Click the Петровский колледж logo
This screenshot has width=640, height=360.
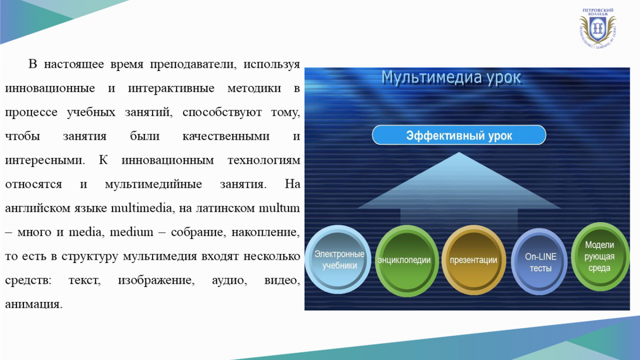coord(597,28)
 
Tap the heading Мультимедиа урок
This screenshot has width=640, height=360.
coord(451,77)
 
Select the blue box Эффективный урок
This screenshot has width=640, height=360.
coord(459,135)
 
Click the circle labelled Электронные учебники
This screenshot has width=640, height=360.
coord(338,259)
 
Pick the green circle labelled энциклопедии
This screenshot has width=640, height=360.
coord(407,261)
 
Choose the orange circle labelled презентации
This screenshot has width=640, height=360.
coord(474,260)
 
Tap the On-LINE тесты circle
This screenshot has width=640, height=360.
coord(539,262)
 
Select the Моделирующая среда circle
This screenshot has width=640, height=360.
coord(600,257)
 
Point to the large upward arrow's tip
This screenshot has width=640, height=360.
coord(459,153)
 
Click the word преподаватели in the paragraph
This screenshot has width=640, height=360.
coord(193,65)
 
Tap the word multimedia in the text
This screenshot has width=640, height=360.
coord(141,208)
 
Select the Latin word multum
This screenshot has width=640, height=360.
coord(279,208)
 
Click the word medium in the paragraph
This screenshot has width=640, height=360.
coord(131,232)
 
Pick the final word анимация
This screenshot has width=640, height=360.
coord(34,304)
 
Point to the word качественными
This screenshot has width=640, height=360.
coord(226,136)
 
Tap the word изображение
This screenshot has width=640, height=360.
coord(156,281)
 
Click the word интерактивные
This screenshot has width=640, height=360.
coord(171,89)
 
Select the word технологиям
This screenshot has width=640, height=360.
coord(263,160)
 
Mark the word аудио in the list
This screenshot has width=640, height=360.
coord(229,281)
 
